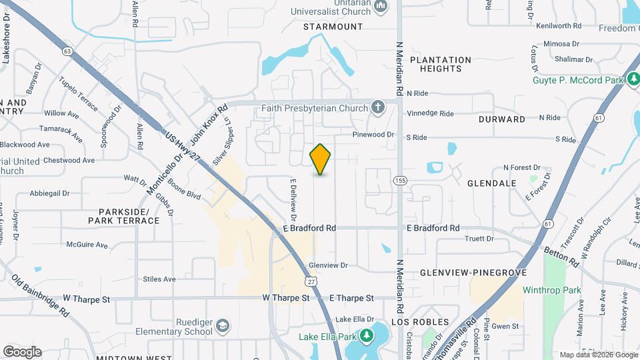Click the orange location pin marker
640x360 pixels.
point(321,159)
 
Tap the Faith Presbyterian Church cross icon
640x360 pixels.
point(377,107)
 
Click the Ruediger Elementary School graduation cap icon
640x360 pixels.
point(223,325)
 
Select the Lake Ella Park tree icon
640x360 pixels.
point(367,335)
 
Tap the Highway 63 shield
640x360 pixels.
point(67,51)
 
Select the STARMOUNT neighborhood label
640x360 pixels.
point(333,27)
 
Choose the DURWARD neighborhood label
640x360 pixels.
point(502,119)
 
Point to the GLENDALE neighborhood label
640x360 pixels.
point(492,183)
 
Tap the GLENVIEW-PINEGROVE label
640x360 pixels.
point(473,273)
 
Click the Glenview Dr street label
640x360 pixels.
point(329,265)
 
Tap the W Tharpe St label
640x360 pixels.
point(286,298)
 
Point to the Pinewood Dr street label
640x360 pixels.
point(373,135)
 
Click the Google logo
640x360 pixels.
point(22,352)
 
